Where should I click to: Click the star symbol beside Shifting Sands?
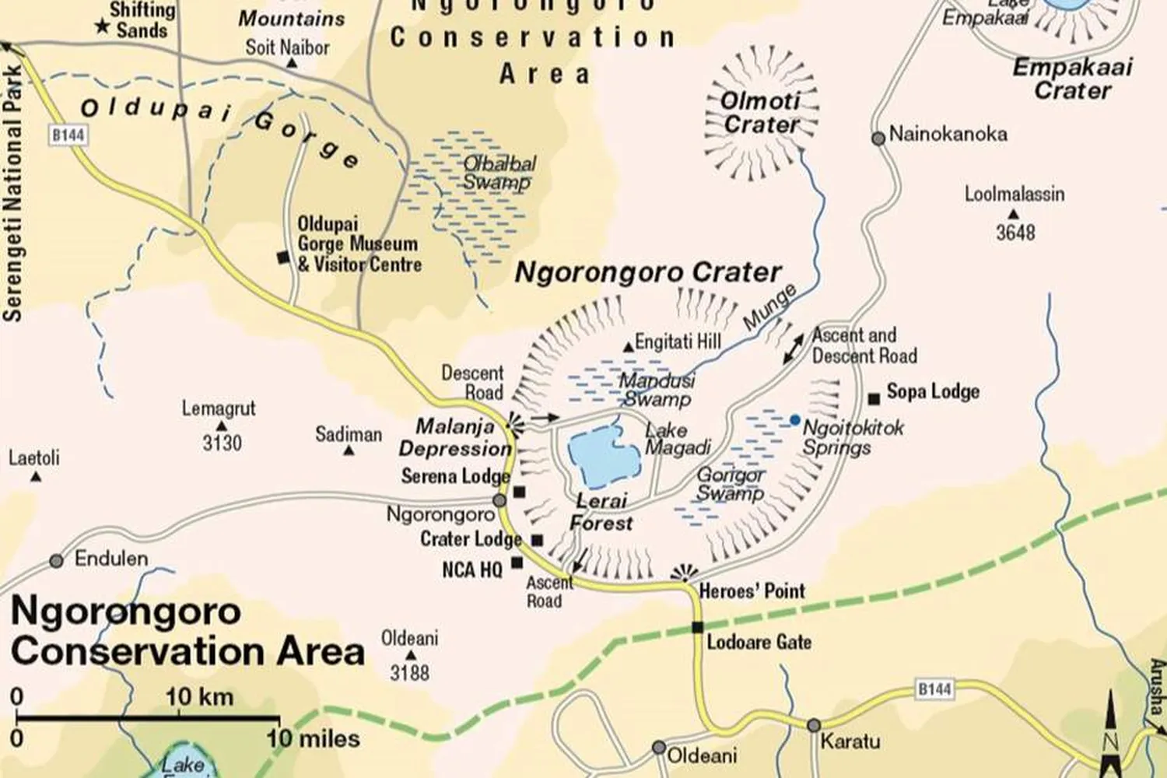[x=101, y=27]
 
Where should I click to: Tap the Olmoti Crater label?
[x=760, y=113]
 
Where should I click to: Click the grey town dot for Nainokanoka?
[x=878, y=138]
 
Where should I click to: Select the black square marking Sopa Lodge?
[x=874, y=398]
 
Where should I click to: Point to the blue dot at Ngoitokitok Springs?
[x=794, y=420]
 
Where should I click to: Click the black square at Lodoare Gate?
[x=697, y=628]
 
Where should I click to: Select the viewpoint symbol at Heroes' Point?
[x=684, y=574]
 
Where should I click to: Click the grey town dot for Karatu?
[x=813, y=725]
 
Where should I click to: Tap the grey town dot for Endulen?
[x=56, y=560]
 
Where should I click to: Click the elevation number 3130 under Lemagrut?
[x=222, y=443]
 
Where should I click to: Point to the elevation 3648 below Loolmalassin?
[x=1015, y=232]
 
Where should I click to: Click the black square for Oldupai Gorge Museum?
[x=283, y=257]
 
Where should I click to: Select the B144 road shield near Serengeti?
[x=68, y=135]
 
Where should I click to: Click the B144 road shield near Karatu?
[x=934, y=689]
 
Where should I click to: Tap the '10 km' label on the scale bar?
[x=199, y=696]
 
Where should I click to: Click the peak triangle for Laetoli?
[x=35, y=476]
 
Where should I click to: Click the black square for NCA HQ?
[x=517, y=562]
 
